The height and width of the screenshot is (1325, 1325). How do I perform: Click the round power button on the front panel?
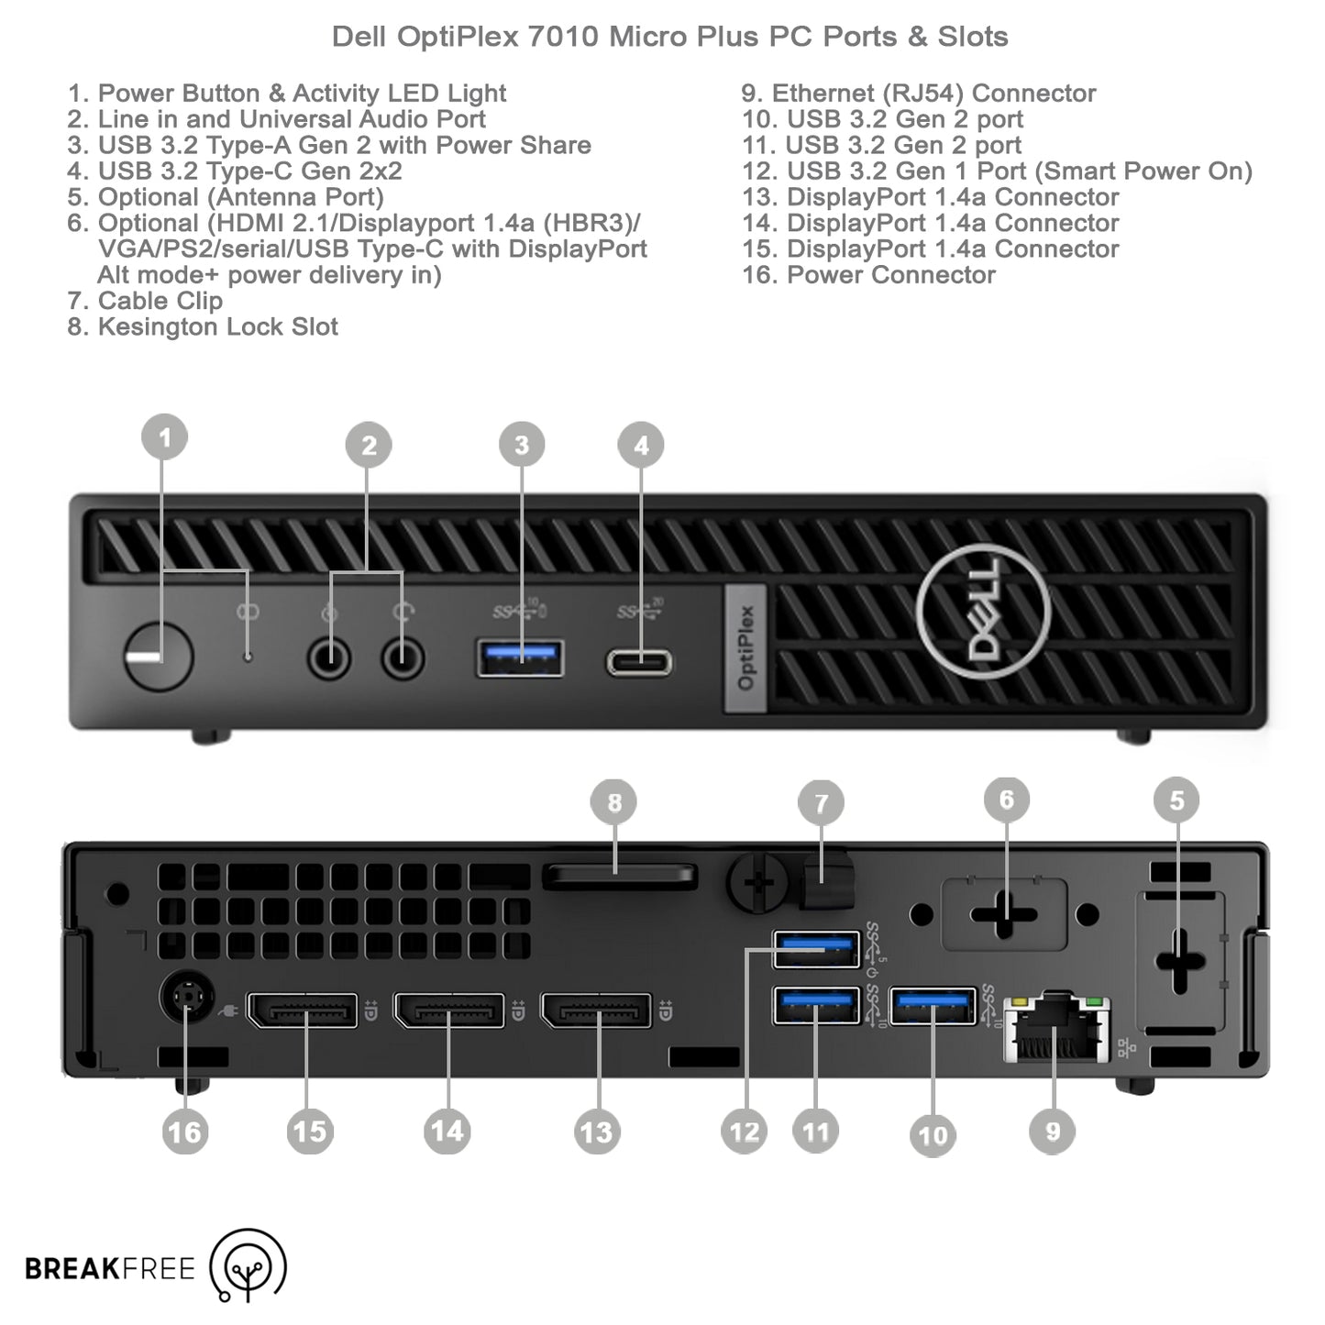click(158, 657)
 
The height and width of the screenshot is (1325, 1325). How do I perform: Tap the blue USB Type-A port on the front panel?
click(520, 657)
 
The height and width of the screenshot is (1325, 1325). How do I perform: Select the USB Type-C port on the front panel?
click(639, 661)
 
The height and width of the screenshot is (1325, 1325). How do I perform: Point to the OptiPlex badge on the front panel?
click(745, 647)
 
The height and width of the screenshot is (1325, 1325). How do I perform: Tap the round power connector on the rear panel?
click(187, 997)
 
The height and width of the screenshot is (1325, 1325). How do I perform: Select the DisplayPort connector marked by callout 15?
click(303, 1010)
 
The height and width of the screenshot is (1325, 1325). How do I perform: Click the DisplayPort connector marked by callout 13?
click(597, 1010)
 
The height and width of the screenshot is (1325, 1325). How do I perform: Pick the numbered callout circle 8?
click(614, 802)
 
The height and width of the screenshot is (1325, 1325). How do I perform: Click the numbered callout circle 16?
click(184, 1132)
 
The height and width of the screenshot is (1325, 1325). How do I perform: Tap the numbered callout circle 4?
click(641, 446)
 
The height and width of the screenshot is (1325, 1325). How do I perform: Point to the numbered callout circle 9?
click(1053, 1132)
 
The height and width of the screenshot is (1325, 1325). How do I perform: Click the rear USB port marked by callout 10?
click(933, 1006)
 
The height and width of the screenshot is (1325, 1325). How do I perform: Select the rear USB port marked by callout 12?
click(816, 949)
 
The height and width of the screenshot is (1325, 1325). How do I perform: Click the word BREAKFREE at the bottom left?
click(110, 1269)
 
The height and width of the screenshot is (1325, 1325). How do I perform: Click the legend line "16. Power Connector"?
click(868, 275)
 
